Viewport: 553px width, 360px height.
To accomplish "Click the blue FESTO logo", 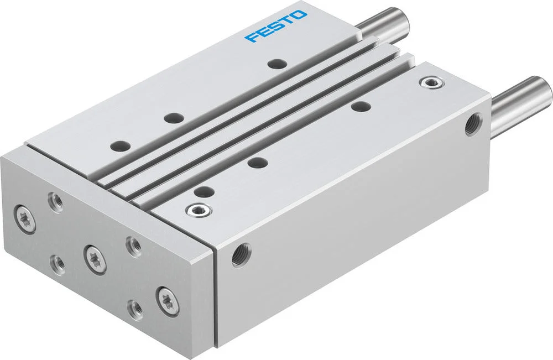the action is click(x=276, y=27).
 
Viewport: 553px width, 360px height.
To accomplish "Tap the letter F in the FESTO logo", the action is click(x=252, y=38).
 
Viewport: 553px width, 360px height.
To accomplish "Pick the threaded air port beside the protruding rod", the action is click(x=472, y=124).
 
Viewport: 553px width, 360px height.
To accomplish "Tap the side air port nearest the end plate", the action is click(x=241, y=254).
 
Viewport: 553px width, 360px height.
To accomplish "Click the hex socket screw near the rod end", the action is click(x=432, y=84).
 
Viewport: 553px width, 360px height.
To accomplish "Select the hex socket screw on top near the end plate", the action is click(x=199, y=211).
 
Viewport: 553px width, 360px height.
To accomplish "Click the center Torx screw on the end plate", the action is click(x=95, y=259).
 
